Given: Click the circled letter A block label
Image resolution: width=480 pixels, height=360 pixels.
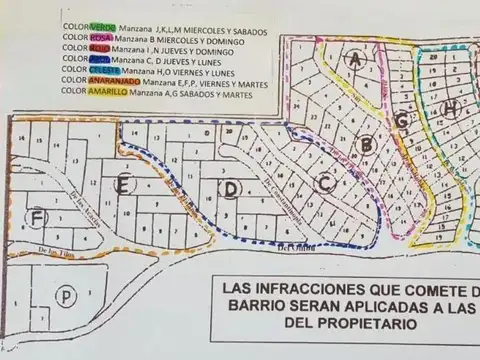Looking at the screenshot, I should coord(354,60).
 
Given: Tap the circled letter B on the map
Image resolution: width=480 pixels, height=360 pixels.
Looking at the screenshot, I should coord(367,145).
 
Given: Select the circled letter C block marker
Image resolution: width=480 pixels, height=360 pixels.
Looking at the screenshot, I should coord(324,183).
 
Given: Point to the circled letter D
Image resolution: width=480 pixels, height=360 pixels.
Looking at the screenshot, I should coord(231,187).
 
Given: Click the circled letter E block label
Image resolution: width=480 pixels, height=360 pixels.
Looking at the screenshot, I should coord(123,184).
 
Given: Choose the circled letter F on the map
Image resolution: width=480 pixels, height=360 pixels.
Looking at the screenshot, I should coord(38,217).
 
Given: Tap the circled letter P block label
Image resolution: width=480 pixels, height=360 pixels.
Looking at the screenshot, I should coord(66,296).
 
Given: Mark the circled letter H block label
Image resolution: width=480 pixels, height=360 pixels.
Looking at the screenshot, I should coord(452,109).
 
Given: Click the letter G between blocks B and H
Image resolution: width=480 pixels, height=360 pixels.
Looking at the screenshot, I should coord(402,121).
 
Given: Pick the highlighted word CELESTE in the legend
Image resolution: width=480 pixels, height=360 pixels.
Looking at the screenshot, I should coord(106,72).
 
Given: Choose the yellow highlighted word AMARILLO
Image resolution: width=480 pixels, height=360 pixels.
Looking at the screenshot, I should coord(108,93).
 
